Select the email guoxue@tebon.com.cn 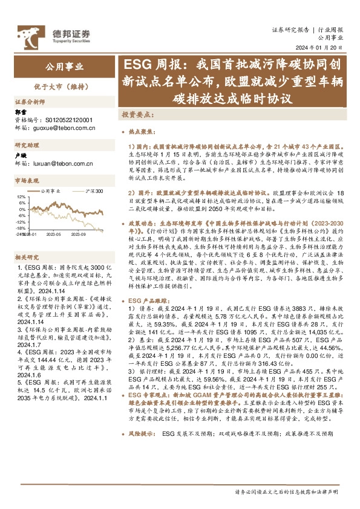pyautogui.click(x=62, y=128)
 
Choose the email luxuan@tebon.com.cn pyautogui.click(x=62, y=163)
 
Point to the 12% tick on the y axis pyautogui.click(x=21, y=197)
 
